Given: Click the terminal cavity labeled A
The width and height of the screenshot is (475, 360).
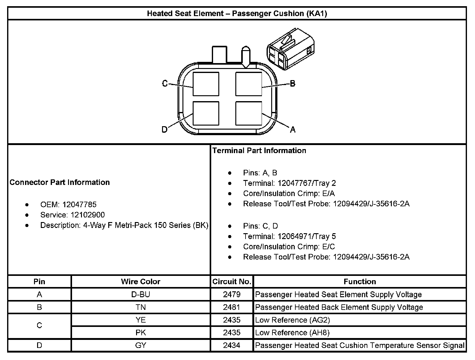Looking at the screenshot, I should click(249, 113).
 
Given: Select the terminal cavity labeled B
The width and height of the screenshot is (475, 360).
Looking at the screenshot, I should click(249, 84).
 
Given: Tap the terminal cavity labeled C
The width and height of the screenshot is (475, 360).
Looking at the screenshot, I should click(206, 84).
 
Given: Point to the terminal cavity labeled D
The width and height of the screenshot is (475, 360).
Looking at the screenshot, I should click(206, 113).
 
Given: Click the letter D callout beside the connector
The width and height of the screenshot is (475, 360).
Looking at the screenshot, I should click(165, 129).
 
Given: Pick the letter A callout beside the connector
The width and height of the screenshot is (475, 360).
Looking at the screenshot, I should click(293, 130).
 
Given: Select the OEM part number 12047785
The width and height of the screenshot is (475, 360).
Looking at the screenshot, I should click(79, 204).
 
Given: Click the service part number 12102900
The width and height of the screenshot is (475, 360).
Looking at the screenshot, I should click(88, 215).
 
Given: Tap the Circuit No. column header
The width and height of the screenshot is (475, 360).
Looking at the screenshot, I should click(232, 281).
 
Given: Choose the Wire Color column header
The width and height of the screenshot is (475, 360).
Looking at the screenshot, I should click(140, 281).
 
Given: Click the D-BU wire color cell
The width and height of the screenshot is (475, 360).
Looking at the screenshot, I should click(140, 294).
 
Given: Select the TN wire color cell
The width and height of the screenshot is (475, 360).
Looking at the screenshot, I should click(140, 307).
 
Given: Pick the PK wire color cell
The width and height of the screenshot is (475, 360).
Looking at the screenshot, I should click(140, 332).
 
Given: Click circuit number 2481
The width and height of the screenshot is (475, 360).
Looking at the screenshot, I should click(232, 307).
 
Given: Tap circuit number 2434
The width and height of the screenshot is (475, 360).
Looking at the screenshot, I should click(232, 345).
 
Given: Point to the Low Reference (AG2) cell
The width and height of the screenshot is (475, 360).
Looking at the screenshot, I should click(293, 320).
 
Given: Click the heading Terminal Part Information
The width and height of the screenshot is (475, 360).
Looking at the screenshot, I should click(259, 151).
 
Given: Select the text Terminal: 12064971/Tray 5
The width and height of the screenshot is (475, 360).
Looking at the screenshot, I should click(289, 236).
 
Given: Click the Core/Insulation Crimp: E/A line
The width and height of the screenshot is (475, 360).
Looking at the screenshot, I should click(289, 193).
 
